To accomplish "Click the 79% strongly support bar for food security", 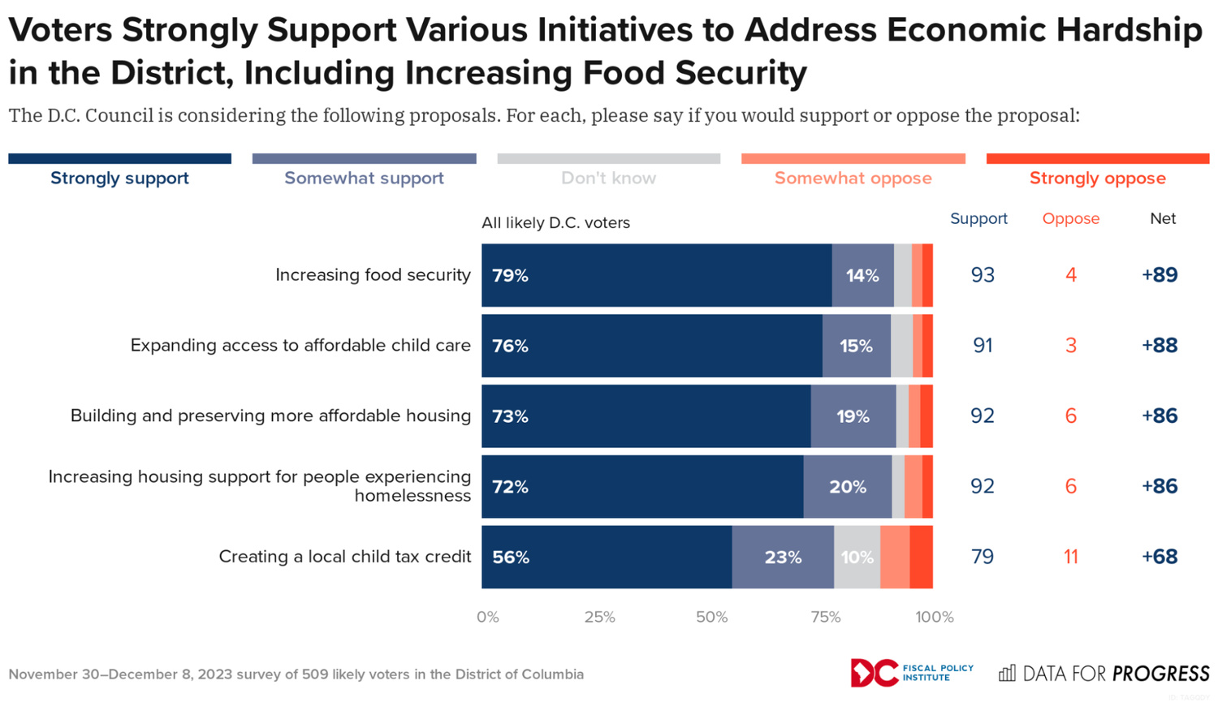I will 656,275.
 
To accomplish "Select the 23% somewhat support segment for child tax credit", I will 783,557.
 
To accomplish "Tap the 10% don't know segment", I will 857,557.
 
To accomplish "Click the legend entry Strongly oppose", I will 1097,178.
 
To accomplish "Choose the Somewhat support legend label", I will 364,178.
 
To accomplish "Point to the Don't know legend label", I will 608,178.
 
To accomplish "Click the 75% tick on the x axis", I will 825,617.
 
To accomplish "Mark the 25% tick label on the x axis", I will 599,617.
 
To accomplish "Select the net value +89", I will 1160,275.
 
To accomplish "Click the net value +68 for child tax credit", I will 1160,557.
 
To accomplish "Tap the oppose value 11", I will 1070,557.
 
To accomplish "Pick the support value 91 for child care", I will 983,346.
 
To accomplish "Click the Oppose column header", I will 1070,219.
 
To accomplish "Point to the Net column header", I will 1163,219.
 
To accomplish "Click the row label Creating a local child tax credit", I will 345,557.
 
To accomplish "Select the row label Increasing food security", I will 373,275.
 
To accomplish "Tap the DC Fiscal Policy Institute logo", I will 911,673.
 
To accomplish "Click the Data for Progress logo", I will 1104,674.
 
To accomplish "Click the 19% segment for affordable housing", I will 853,416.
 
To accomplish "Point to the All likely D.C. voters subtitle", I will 555,222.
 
